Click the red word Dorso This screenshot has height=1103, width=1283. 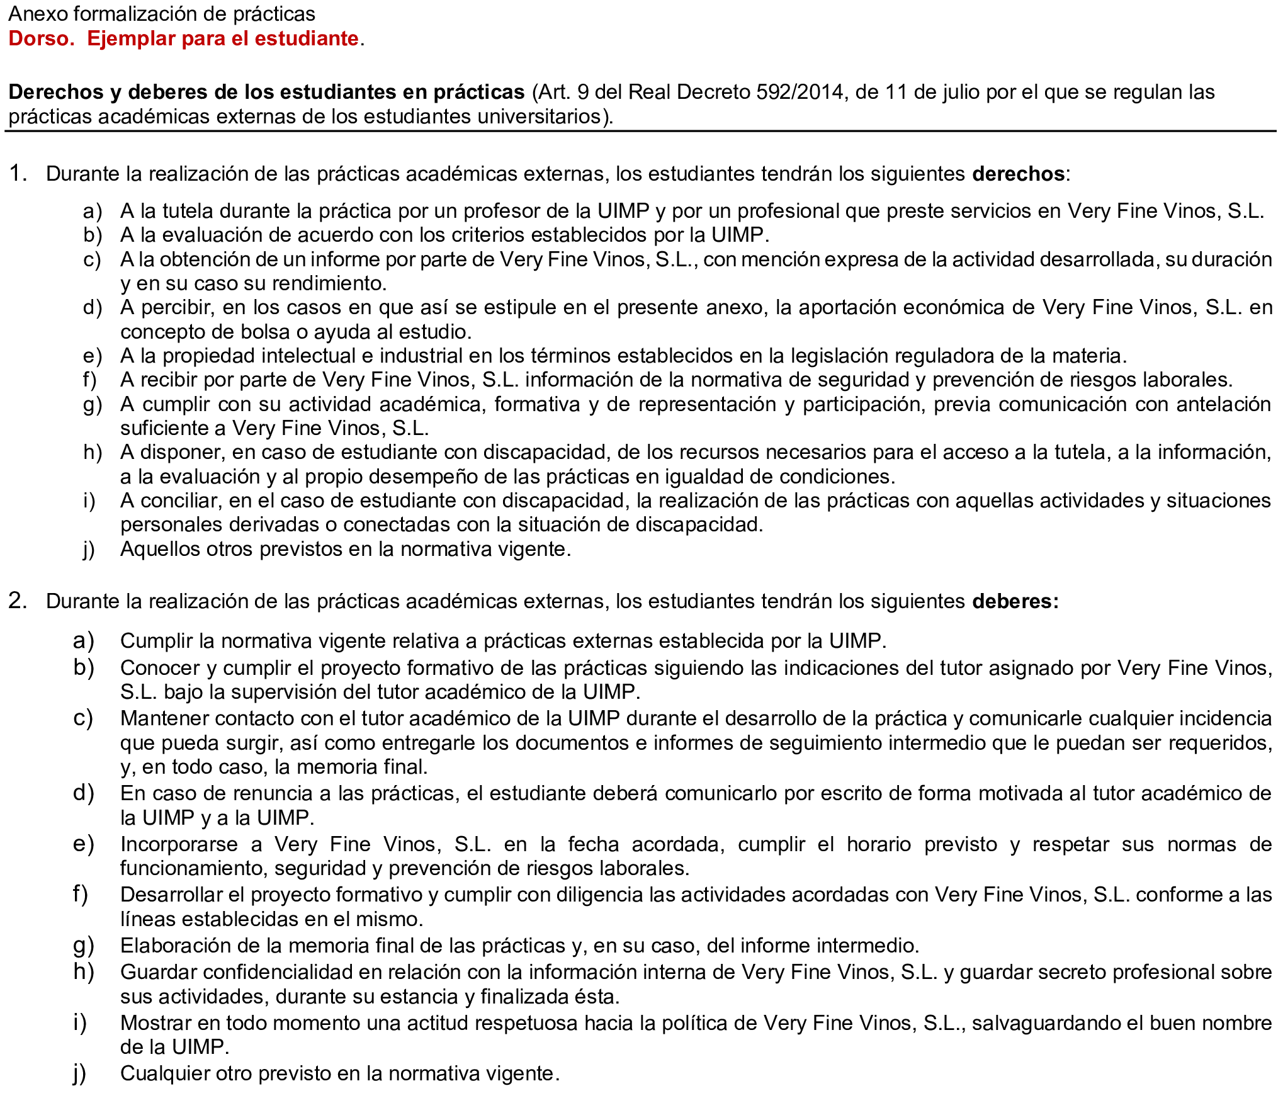(x=41, y=38)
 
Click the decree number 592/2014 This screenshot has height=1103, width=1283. (x=800, y=92)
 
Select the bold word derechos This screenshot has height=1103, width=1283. (x=1018, y=174)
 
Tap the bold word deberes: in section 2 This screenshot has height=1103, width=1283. (x=1015, y=601)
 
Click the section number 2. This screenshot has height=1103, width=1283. (x=17, y=601)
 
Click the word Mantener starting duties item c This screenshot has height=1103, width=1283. (x=163, y=718)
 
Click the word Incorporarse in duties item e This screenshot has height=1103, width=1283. (x=179, y=844)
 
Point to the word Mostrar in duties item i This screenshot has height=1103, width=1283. (x=155, y=1023)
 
